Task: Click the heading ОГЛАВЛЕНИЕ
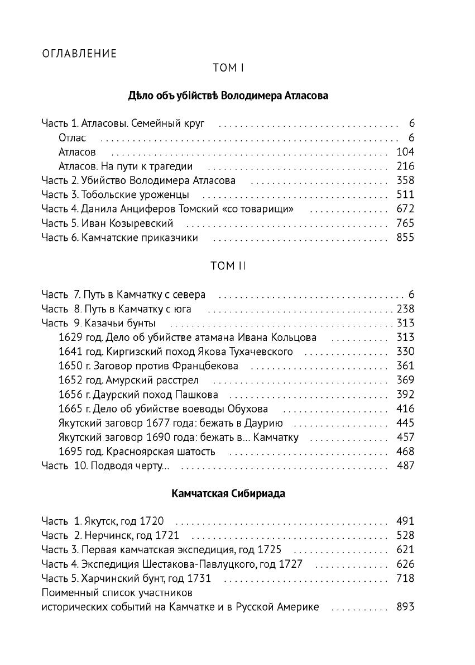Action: coord(79,54)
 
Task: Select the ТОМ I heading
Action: coord(228,68)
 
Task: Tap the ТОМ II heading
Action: coord(228,266)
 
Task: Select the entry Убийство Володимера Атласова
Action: coord(158,180)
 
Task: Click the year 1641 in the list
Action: coord(70,351)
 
